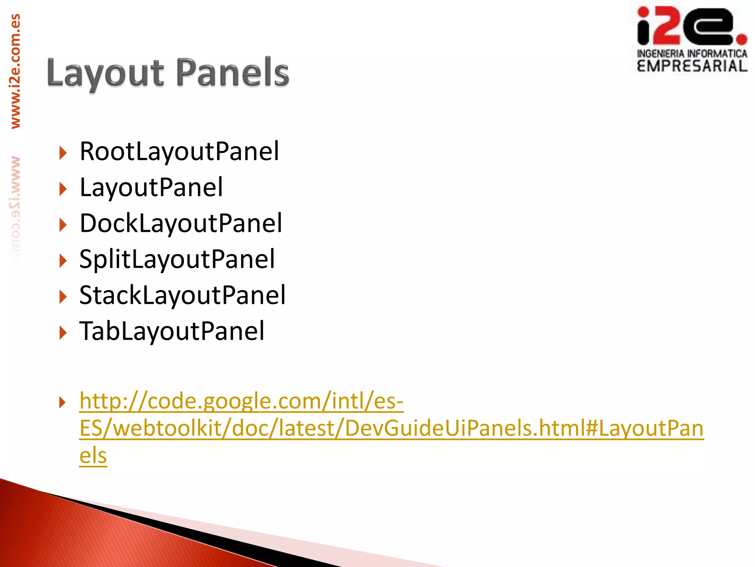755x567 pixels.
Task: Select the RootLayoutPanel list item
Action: pos(179,151)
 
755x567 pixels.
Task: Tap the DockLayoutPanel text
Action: pos(181,223)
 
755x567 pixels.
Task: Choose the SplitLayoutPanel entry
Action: pos(177,259)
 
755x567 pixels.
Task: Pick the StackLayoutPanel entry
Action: pos(182,295)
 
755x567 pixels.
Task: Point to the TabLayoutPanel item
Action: pos(172,331)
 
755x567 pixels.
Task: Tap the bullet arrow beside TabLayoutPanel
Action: pos(63,333)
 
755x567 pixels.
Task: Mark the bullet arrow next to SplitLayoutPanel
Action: pos(63,261)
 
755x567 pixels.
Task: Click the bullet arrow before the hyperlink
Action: pos(63,402)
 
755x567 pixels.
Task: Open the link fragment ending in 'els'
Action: pos(93,456)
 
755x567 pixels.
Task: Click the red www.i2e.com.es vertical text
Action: pos(15,71)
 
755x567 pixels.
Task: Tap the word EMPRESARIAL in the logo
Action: pos(692,66)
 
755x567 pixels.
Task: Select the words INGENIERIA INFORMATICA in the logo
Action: pos(692,54)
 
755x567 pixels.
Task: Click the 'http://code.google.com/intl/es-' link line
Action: pos(241,401)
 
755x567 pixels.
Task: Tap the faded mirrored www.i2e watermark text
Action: pos(15,210)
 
